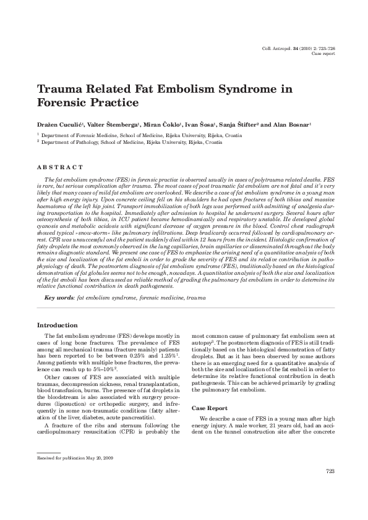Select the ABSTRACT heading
click(60, 167)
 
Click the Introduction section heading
click(58, 325)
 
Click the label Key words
click(60, 297)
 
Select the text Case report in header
click(323, 54)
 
